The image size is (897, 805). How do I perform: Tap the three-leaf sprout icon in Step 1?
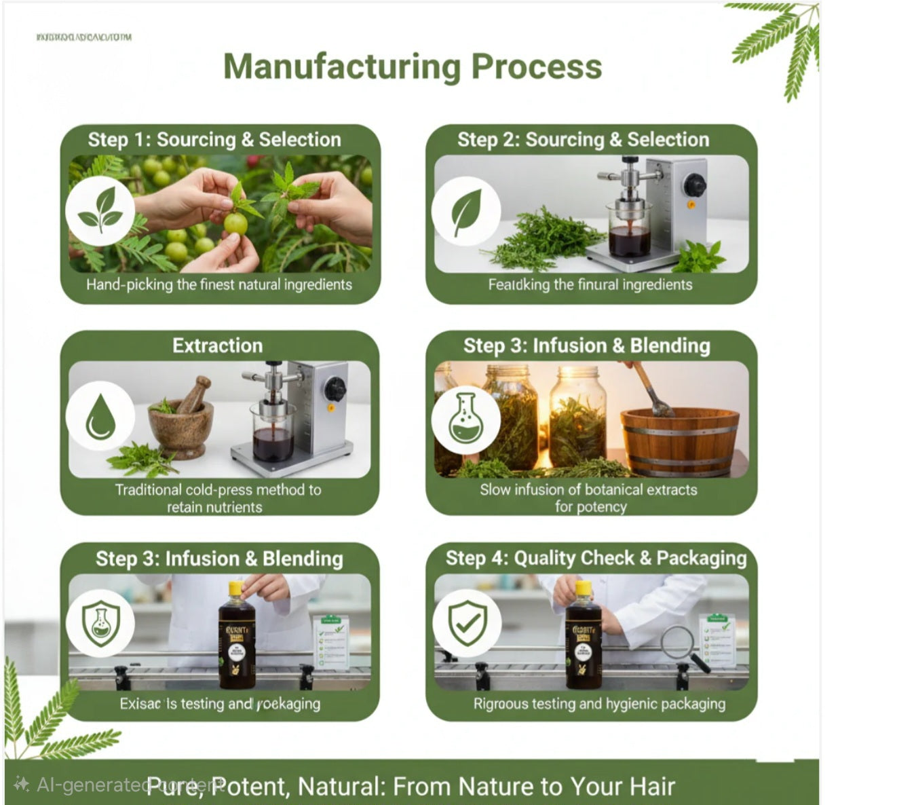100,210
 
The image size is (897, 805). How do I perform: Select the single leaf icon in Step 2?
466,212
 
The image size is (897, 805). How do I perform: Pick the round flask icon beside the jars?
465,419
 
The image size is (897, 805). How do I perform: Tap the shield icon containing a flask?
100,622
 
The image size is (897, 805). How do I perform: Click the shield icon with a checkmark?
467,622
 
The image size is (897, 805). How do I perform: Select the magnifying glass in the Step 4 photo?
682,645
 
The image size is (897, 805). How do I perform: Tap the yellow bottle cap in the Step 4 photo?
583,588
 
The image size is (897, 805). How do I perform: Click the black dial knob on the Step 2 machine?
694,184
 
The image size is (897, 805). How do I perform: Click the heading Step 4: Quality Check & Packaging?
595,558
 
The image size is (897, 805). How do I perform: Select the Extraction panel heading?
217,345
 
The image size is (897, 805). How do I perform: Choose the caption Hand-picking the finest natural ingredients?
218,284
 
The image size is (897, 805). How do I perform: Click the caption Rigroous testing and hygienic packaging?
598,704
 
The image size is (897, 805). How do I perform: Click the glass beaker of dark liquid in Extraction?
273,438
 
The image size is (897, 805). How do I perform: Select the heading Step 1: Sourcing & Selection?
214,140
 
